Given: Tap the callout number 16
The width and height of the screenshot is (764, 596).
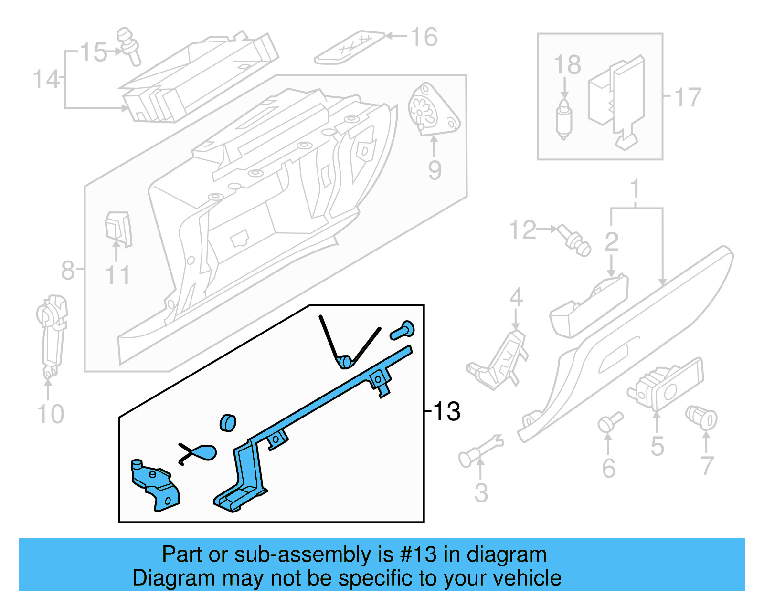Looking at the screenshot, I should coord(424,37).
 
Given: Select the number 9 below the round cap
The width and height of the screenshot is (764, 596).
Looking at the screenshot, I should coord(434,170).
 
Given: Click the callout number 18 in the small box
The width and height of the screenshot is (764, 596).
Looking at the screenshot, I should coord(567,65).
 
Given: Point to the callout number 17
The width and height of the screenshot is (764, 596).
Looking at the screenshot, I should coord(688,97).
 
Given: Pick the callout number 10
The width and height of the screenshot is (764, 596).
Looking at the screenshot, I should coord(50,414).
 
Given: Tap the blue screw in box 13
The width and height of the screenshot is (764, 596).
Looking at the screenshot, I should coord(402,330).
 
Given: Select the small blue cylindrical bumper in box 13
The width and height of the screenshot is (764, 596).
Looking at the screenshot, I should coord(228,423).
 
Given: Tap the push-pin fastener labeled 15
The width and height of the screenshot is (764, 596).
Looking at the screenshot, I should coord(128,46).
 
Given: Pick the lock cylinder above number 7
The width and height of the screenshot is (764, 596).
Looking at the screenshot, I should coord(701,417).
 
